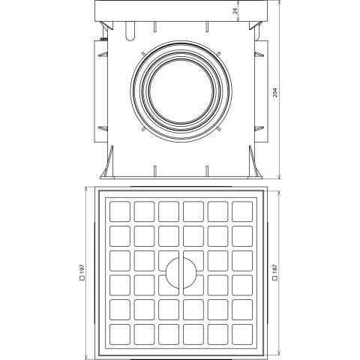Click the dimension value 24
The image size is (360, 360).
click(x=235, y=11)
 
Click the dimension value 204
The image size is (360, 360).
click(x=275, y=92)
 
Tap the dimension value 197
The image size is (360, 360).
click(x=82, y=269)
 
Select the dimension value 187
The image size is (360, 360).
click(x=274, y=269)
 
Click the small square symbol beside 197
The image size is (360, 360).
click(x=82, y=277)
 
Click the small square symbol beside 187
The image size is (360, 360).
click(x=274, y=277)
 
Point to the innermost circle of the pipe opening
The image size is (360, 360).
click(x=149, y=91)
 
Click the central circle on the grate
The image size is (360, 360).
click(x=166, y=273)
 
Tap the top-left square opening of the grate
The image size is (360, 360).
click(x=120, y=211)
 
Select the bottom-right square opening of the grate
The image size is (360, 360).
click(x=242, y=334)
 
